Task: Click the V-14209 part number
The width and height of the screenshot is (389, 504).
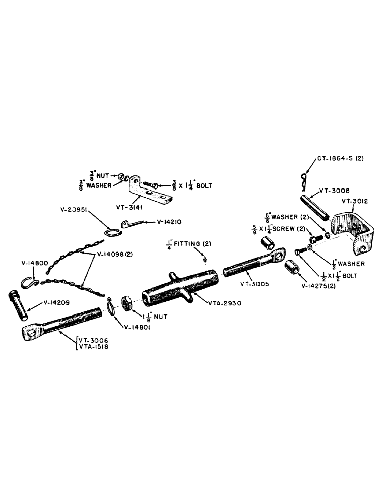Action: point(57,303)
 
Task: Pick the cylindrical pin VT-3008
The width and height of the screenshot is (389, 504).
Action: point(315,207)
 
